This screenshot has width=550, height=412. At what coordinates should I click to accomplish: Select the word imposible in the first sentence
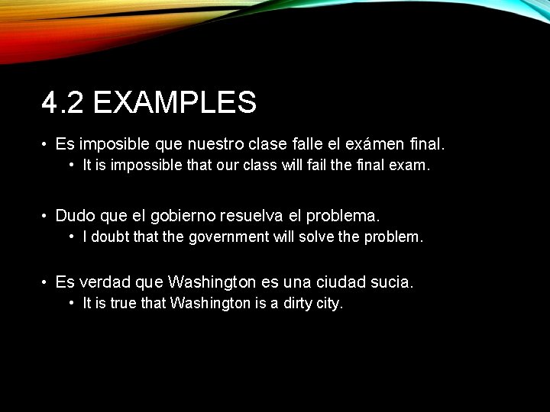pyautogui.click(x=115, y=143)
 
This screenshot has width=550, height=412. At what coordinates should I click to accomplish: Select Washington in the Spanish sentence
pyautogui.click(x=212, y=282)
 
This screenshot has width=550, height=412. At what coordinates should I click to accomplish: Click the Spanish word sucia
pyautogui.click(x=390, y=282)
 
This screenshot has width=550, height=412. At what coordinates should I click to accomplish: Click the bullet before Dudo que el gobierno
pyautogui.click(x=46, y=216)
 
